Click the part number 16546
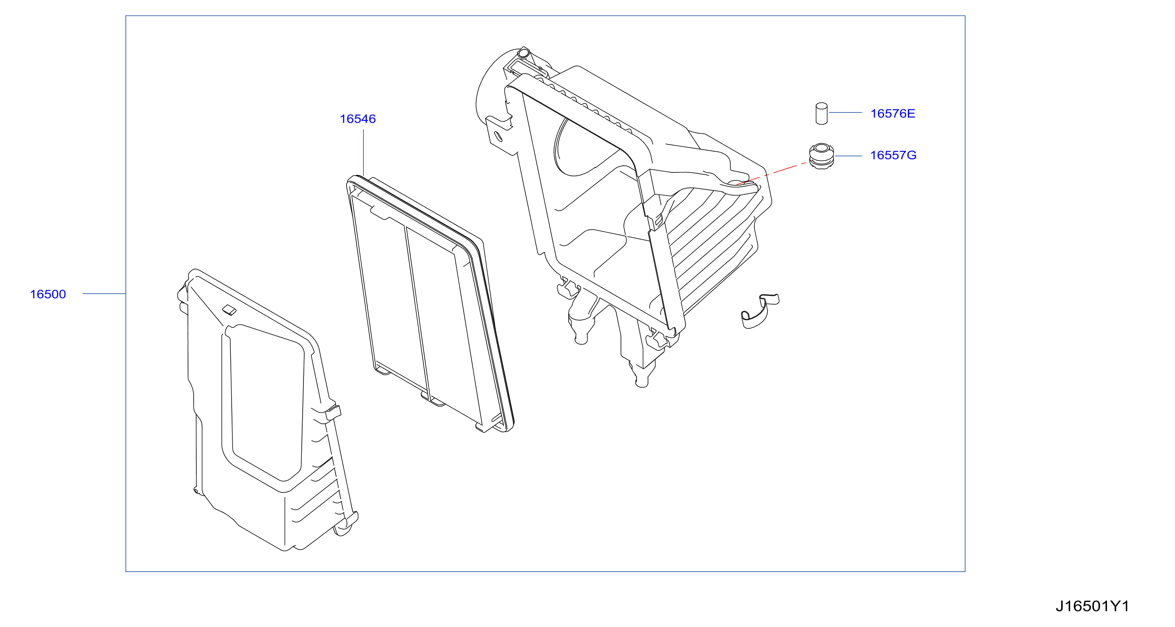358,119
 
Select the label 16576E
893,114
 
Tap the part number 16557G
893,155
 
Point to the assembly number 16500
48,294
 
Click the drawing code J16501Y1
1093,606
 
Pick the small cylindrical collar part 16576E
822,113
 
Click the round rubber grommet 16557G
822,156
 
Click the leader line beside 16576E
845,112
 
